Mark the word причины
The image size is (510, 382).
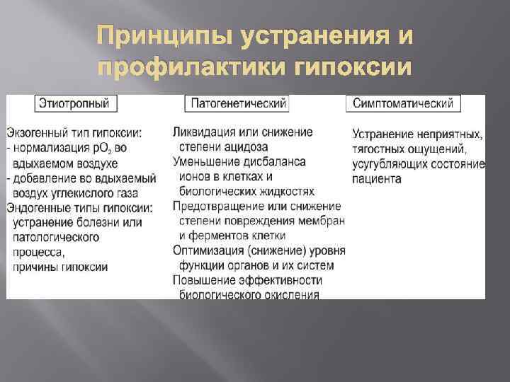(x=35, y=267)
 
